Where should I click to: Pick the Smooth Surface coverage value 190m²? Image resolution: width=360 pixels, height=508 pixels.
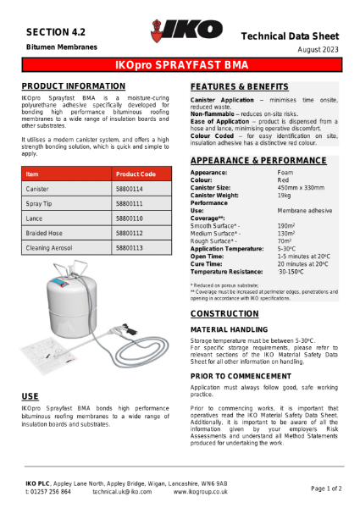point(285,226)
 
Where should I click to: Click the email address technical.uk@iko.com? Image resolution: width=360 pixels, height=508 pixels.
point(122,491)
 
